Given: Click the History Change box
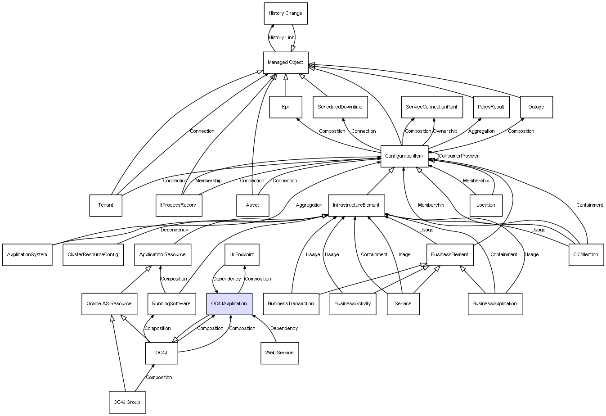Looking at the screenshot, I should click(x=285, y=14).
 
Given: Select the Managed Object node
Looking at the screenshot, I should click(x=285, y=62).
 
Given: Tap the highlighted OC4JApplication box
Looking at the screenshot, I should click(x=229, y=303).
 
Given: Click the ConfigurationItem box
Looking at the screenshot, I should click(x=404, y=156).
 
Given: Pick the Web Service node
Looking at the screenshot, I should click(x=279, y=353).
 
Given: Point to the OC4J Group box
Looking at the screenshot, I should click(x=126, y=402).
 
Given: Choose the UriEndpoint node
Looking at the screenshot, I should click(x=242, y=254).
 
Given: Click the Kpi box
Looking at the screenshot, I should click(x=285, y=107).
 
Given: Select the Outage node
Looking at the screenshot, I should click(x=536, y=107).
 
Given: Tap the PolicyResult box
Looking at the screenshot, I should click(x=491, y=107).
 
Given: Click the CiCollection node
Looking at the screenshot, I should click(x=586, y=254).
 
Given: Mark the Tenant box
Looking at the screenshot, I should click(x=106, y=205).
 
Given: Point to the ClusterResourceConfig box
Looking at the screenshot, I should click(x=93, y=254).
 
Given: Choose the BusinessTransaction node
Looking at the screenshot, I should click(x=291, y=303).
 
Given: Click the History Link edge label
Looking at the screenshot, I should click(x=281, y=37).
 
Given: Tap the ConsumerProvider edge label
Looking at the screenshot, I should click(x=458, y=156).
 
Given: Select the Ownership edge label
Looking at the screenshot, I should click(x=445, y=131).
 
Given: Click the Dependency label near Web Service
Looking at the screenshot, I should click(x=284, y=328).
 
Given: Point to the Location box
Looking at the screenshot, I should click(x=485, y=205).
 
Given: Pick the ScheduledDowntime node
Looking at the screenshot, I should click(x=340, y=107).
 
